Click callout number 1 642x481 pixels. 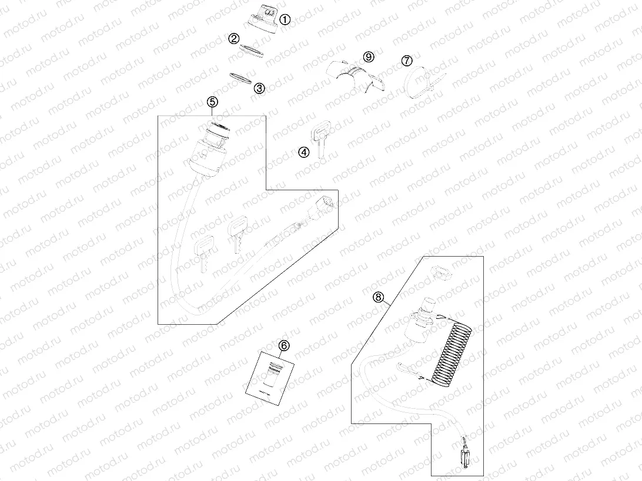tap(285, 19)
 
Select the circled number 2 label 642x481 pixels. tap(234, 39)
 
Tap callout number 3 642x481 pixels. tap(259, 88)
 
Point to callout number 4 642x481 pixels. tap(303, 152)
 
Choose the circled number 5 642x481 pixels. tap(213, 102)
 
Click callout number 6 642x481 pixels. tap(283, 345)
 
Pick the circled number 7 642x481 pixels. tap(407, 60)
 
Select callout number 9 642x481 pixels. tap(369, 56)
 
